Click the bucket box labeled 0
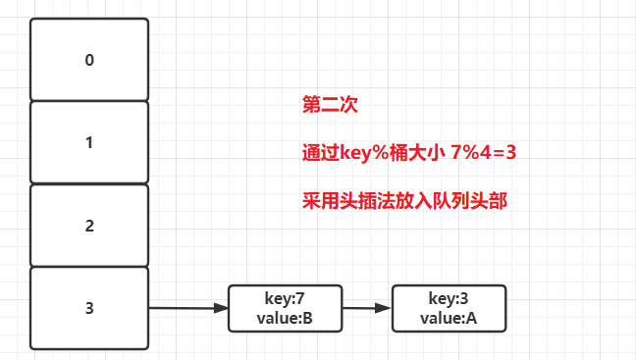pos(89,59)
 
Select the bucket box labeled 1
pos(89,142)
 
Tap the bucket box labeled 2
pos(89,226)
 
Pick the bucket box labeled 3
pos(89,308)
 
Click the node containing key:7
pos(286,308)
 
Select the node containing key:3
pos(449,308)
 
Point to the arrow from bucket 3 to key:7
pos(187,308)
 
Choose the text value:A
pos(449,318)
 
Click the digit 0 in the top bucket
pos(89,59)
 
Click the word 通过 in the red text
pos(320,153)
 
